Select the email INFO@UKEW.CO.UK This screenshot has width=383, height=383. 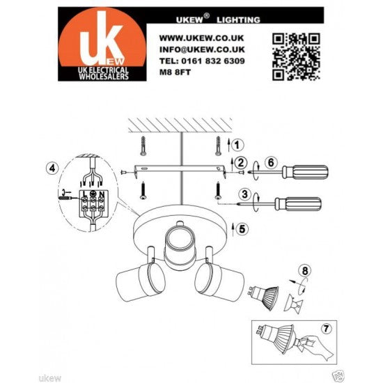pos(201,49)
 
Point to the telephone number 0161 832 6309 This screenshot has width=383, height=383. pos(201,61)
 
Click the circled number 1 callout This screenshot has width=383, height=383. pos(238,145)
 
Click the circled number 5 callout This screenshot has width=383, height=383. pos(241,228)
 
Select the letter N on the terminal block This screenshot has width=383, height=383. pos(102,193)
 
